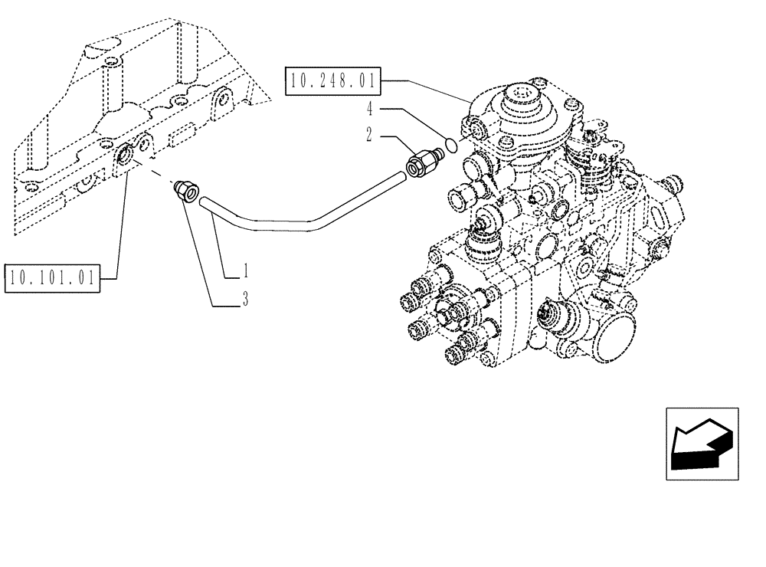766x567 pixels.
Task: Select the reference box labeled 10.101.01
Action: [53, 277]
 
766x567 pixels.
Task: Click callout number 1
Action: [245, 270]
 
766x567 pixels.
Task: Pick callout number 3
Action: [245, 300]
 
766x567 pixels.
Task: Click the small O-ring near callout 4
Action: [451, 143]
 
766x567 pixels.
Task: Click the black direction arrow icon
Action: [701, 444]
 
